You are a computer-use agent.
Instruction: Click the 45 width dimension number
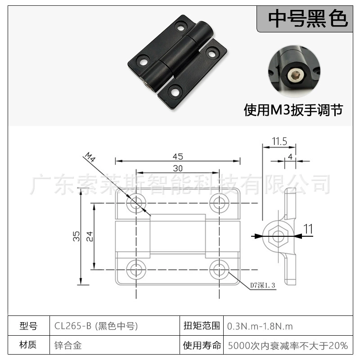[x=178, y=157]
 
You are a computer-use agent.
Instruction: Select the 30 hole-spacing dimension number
[x=178, y=168]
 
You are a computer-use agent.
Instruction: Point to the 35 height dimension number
[x=76, y=236]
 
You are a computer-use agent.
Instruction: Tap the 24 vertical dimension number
[x=90, y=236]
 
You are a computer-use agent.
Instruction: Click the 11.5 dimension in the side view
[x=279, y=141]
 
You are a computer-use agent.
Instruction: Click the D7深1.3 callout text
[x=262, y=285]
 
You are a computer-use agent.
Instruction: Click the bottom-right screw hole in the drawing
[x=219, y=269]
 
